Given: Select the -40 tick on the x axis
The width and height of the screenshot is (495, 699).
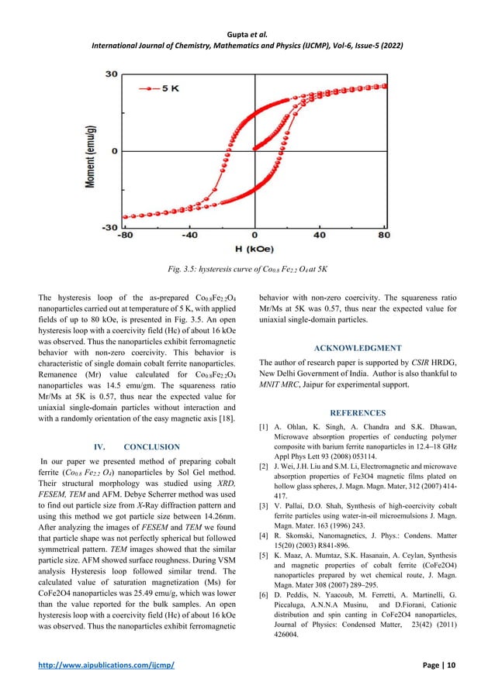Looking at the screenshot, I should coord(189,235).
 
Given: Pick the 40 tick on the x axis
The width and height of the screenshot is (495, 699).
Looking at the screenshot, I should coord(319,235).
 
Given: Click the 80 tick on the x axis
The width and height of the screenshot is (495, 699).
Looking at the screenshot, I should coord(382,235).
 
